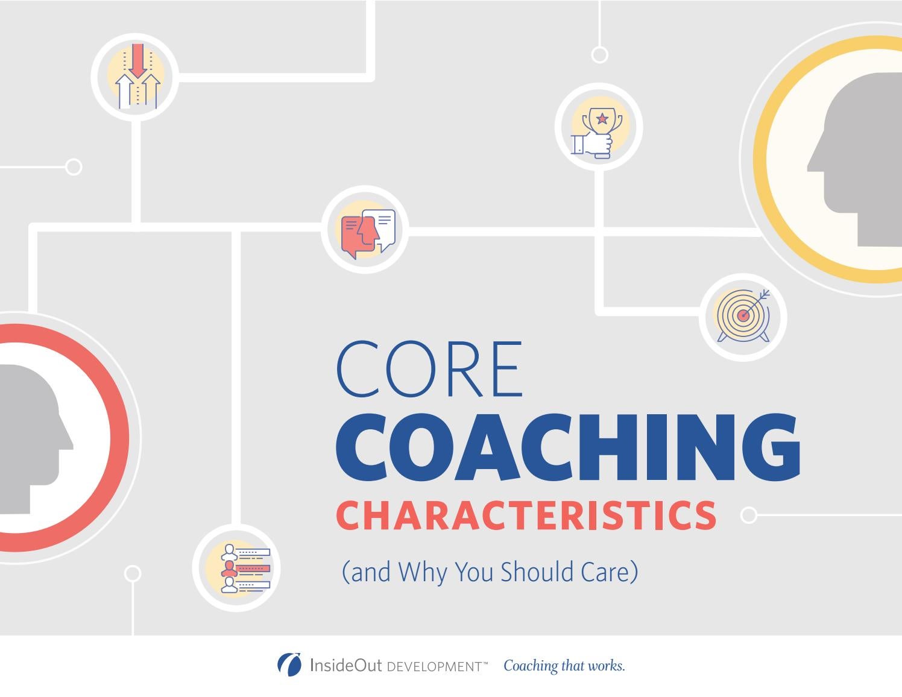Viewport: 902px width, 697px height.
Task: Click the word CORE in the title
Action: [x=429, y=369]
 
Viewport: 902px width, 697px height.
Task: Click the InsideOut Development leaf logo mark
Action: [x=289, y=664]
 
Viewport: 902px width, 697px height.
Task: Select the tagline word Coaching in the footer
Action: [x=531, y=666]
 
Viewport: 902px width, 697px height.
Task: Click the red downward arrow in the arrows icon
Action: [x=138, y=60]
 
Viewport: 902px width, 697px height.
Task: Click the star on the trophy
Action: [x=602, y=118]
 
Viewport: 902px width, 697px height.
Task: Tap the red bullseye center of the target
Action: [x=744, y=315]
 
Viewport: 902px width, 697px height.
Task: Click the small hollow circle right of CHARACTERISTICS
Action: [x=748, y=515]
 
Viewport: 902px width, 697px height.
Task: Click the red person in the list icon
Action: [x=229, y=568]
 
